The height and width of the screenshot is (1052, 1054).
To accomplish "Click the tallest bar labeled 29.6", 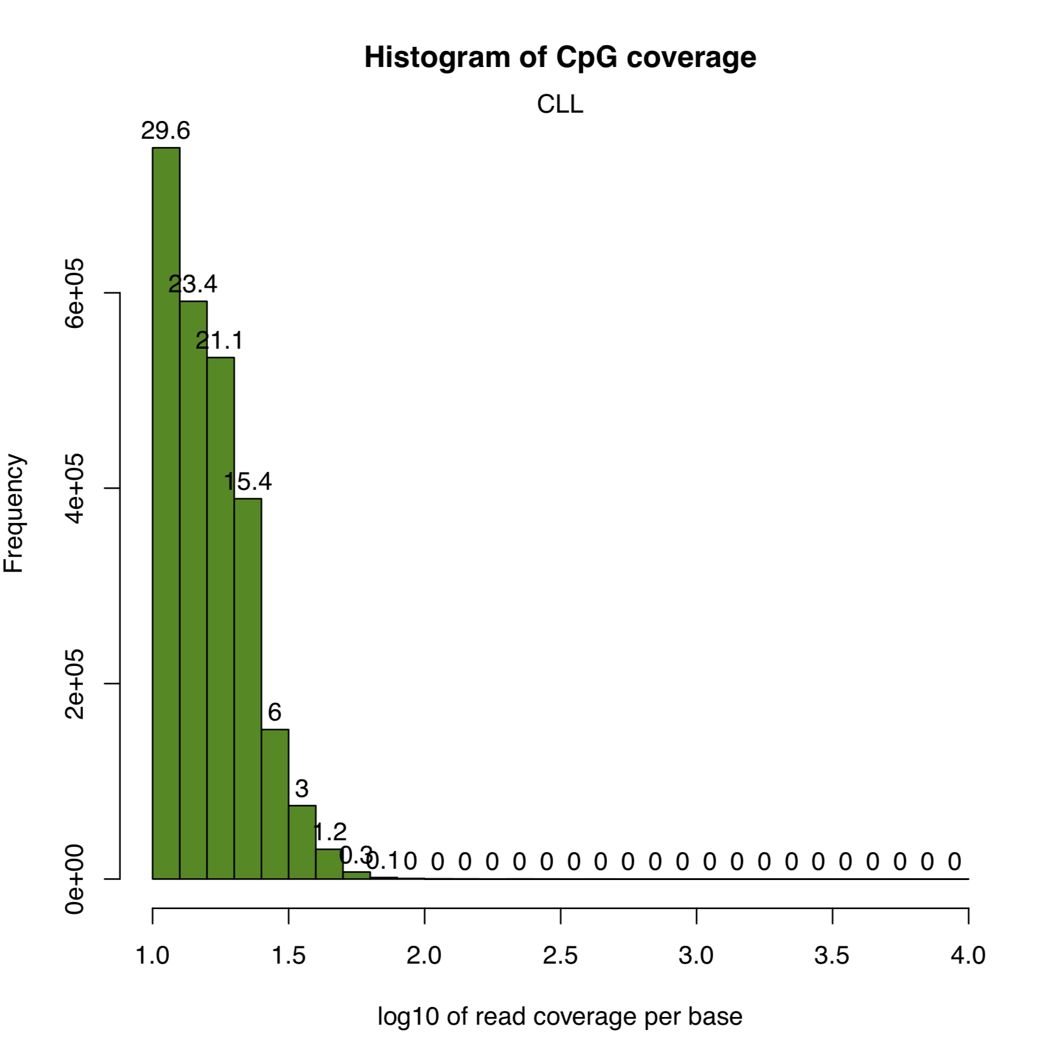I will [x=166, y=513].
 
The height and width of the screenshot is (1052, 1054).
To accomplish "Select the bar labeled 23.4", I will [x=193, y=590].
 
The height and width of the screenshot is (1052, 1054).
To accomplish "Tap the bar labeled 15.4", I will [x=248, y=688].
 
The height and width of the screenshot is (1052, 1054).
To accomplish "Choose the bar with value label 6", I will [x=275, y=804].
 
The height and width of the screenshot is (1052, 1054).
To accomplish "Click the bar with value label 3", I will [x=302, y=842].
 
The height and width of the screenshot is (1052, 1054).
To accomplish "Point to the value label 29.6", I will [x=165, y=130].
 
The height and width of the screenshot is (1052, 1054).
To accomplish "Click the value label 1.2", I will [x=330, y=832].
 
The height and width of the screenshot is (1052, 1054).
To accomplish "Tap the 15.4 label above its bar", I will [x=248, y=482].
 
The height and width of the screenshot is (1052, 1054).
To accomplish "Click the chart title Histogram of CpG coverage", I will [x=560, y=58].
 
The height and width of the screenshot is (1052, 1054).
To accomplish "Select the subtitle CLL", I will [x=560, y=104].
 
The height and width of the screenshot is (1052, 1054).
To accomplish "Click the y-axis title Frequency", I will [x=14, y=514].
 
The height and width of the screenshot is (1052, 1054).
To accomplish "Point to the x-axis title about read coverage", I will [x=560, y=1016].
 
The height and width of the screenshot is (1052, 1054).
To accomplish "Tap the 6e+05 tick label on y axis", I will [x=75, y=293].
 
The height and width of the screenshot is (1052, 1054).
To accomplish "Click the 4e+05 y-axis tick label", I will [x=75, y=489].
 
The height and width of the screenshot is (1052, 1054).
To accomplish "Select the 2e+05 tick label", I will [x=75, y=684].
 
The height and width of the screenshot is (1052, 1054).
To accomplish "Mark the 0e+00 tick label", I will [x=75, y=879].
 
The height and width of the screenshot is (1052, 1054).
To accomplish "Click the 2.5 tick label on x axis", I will [x=560, y=955].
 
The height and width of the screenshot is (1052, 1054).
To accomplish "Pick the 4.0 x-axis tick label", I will [x=967, y=955].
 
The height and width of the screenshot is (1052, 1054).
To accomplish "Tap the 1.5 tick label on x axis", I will [x=289, y=955].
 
